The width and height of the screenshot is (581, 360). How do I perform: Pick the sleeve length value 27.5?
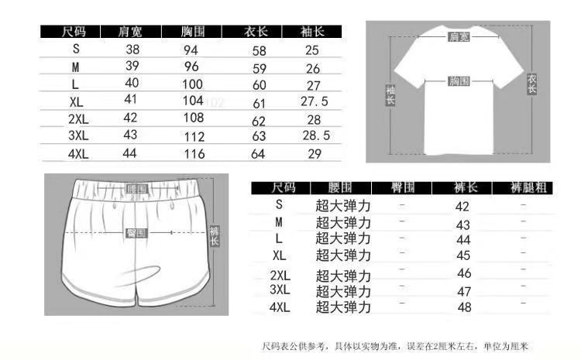coord(315,101)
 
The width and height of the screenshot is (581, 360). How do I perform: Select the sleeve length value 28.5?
coord(315,135)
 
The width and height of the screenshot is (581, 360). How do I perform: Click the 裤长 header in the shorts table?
coord(463,187)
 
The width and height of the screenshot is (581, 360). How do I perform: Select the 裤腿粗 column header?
coord(524,187)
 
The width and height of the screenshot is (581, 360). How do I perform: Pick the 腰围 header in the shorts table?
coord(341,187)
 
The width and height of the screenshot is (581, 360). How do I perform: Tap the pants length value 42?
coord(463,207)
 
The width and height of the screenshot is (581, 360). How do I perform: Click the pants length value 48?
coord(464,307)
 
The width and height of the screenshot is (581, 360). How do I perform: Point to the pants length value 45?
coord(463,255)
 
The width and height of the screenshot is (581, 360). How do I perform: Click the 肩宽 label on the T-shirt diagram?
coord(459,37)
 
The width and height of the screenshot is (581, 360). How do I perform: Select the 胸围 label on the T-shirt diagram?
coord(457,81)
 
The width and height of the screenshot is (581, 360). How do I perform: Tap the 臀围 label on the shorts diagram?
coord(136,233)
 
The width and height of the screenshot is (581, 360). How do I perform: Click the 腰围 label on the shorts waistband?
coord(136,189)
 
